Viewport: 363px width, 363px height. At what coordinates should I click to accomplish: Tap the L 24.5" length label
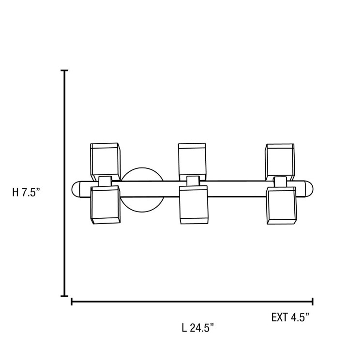pyautogui.click(x=198, y=328)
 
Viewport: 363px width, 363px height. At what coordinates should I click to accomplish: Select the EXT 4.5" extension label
pyautogui.click(x=290, y=318)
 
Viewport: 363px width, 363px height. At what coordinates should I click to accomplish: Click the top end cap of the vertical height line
pyautogui.click(x=64, y=71)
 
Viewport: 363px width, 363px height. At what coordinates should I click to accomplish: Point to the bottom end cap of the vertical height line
pyautogui.click(x=64, y=296)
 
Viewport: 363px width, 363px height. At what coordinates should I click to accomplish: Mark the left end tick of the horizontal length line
pyautogui.click(x=72, y=302)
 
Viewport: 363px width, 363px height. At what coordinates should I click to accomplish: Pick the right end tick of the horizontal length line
pyautogui.click(x=313, y=302)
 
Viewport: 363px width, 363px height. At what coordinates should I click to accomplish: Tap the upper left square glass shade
pyautogui.click(x=105, y=159)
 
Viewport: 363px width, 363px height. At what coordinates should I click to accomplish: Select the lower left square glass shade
pyautogui.click(x=105, y=206)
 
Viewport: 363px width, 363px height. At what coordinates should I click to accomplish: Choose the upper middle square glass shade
pyautogui.click(x=192, y=159)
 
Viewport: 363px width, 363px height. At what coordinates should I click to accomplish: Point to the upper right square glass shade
pyautogui.click(x=279, y=159)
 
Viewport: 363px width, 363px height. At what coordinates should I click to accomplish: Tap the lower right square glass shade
pyautogui.click(x=280, y=206)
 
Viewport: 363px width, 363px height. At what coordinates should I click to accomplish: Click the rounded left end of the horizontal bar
pyautogui.click(x=77, y=189)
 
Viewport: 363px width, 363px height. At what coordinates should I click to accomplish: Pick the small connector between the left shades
pyautogui.click(x=105, y=181)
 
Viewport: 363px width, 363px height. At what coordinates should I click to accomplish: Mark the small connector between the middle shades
pyautogui.click(x=193, y=181)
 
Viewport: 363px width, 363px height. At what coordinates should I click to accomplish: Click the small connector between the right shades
pyautogui.click(x=280, y=181)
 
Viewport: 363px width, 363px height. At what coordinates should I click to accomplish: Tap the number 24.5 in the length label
pyautogui.click(x=202, y=328)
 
